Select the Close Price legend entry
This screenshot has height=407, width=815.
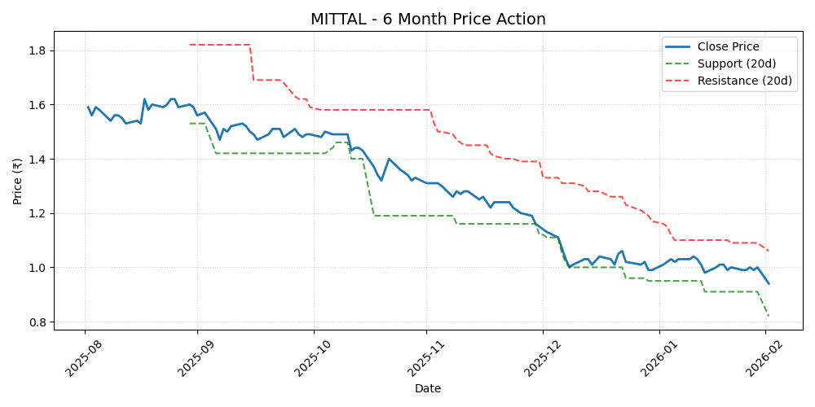[728, 46]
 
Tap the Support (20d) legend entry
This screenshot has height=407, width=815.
[736, 63]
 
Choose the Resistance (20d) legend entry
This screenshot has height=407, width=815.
[744, 81]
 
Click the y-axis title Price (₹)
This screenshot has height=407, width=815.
[17, 181]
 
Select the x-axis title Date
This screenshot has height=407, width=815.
[428, 388]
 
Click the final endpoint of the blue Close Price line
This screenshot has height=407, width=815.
[769, 283]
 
